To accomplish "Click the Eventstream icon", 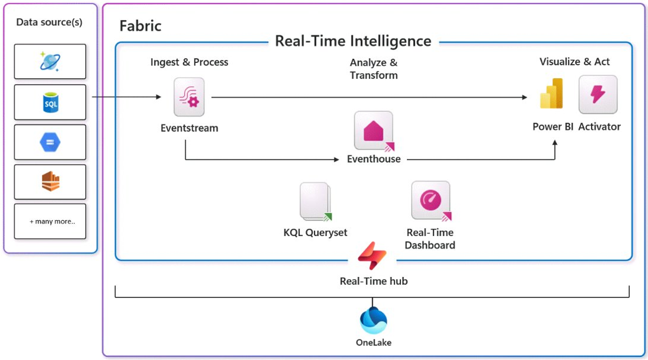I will (189, 97).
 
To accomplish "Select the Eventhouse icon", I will (373, 130).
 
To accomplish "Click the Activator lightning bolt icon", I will (598, 95).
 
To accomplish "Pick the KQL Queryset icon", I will (315, 202).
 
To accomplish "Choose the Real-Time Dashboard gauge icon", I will (430, 201).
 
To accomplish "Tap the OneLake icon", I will (373, 321).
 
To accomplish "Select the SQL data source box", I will (50, 102).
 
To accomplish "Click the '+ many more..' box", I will (50, 221).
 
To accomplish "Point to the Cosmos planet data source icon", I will (50, 61).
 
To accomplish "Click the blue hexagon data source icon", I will (50, 142).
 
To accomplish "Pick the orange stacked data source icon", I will (50, 182).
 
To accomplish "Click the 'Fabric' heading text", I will (140, 26).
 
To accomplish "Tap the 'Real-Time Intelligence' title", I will (353, 41).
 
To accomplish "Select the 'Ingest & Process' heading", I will (189, 62).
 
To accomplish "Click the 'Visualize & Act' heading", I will (574, 62).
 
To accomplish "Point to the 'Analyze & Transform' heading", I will (373, 69).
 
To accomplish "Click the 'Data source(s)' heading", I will (49, 22).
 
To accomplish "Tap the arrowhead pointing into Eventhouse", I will (336, 159).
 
